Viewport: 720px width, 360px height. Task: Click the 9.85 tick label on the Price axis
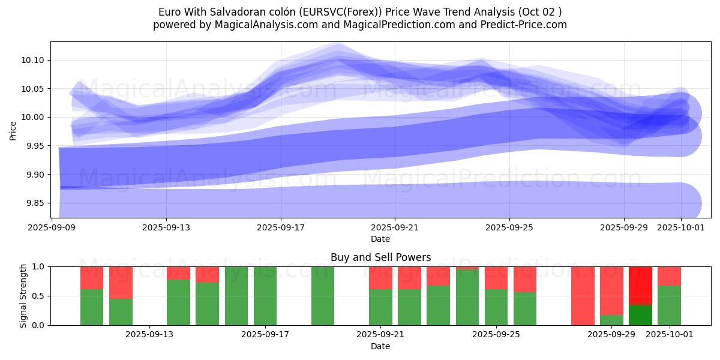[x=37, y=203]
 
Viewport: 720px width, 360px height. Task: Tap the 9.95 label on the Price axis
[x=37, y=146]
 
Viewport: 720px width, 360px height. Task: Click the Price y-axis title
[x=13, y=130]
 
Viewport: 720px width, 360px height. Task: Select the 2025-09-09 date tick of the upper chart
[x=52, y=227]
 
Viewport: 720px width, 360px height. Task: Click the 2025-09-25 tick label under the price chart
[x=509, y=227]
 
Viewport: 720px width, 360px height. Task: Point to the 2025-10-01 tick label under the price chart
[x=681, y=227]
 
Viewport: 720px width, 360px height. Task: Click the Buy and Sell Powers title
[x=380, y=257]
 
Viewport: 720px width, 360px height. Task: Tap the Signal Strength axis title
[x=23, y=296]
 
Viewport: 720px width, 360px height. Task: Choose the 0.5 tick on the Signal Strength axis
[x=38, y=296]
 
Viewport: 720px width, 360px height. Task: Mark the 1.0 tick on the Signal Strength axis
[x=38, y=266]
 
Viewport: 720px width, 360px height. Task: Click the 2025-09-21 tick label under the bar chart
[x=380, y=334]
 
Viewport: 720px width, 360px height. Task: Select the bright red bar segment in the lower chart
[x=640, y=286]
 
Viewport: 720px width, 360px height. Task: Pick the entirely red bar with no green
[x=583, y=296]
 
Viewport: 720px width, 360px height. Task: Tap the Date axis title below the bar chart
[x=380, y=346]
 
